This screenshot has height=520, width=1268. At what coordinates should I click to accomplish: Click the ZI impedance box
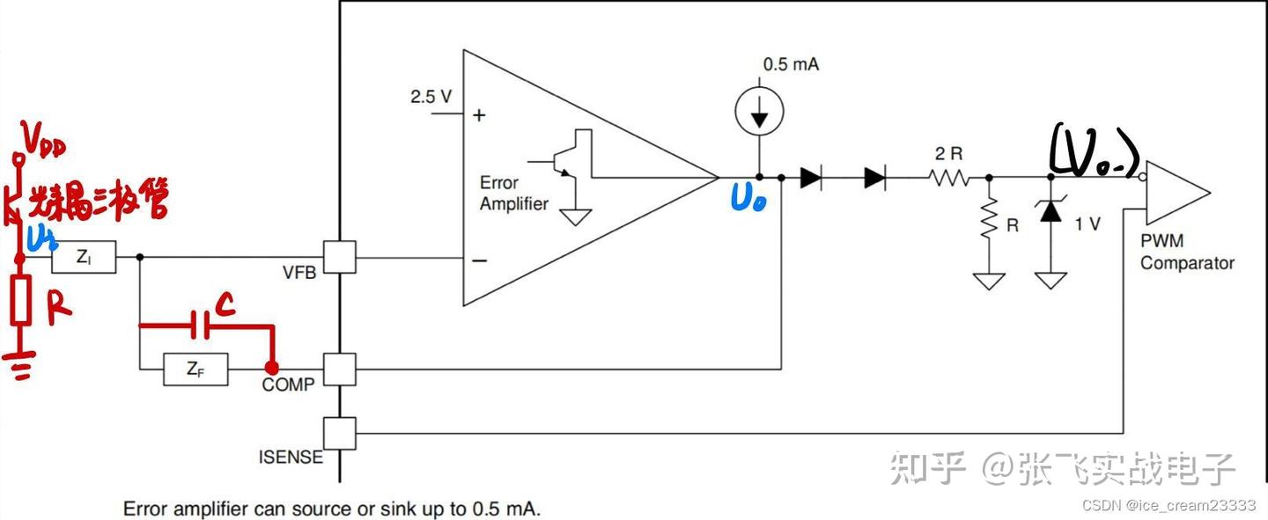coord(84,257)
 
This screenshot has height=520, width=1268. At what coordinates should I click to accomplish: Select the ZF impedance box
coord(195,370)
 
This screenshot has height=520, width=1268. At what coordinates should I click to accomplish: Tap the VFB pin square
coord(339,258)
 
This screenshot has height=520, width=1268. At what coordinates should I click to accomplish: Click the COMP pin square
coord(339,370)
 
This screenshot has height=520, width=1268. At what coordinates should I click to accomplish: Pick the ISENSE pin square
coord(339,433)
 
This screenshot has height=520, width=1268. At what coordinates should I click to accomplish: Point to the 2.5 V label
coord(431,97)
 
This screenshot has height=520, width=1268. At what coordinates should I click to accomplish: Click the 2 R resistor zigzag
coord(947,178)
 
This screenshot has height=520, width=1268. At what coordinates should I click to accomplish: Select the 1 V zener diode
coord(1050,212)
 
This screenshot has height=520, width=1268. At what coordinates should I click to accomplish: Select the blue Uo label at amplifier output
coord(748,200)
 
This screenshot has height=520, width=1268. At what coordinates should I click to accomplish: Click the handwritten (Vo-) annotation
coord(1094,153)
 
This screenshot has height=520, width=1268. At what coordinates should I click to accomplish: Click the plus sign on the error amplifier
coord(480,115)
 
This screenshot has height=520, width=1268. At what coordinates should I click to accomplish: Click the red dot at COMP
coord(272,368)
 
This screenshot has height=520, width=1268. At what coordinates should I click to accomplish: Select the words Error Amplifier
coord(513,194)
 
